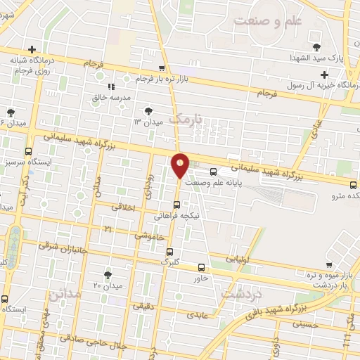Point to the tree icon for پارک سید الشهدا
(x=319, y=47)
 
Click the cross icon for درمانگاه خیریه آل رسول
(x=323, y=75)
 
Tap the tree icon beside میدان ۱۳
(x=148, y=111)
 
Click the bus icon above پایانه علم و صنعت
(x=213, y=171)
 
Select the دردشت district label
(x=243, y=293)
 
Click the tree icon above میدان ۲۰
(x=108, y=274)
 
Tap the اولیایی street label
(x=238, y=259)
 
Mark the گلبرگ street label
(x=171, y=261)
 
